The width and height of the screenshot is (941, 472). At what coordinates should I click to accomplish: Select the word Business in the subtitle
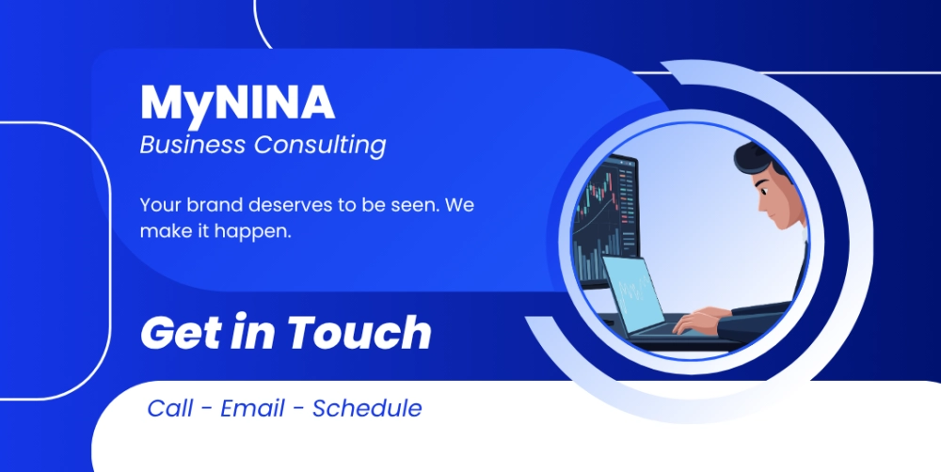click(x=193, y=145)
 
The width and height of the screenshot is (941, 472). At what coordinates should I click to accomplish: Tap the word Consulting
click(x=320, y=146)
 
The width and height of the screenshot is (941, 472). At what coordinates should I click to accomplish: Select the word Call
click(x=170, y=408)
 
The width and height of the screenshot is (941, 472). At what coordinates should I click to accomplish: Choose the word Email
click(x=252, y=408)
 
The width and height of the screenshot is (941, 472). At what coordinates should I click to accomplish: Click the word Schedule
click(x=367, y=408)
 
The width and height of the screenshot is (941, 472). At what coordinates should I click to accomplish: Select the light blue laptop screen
click(x=633, y=295)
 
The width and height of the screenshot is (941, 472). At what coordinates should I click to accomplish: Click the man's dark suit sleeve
click(x=759, y=321)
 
